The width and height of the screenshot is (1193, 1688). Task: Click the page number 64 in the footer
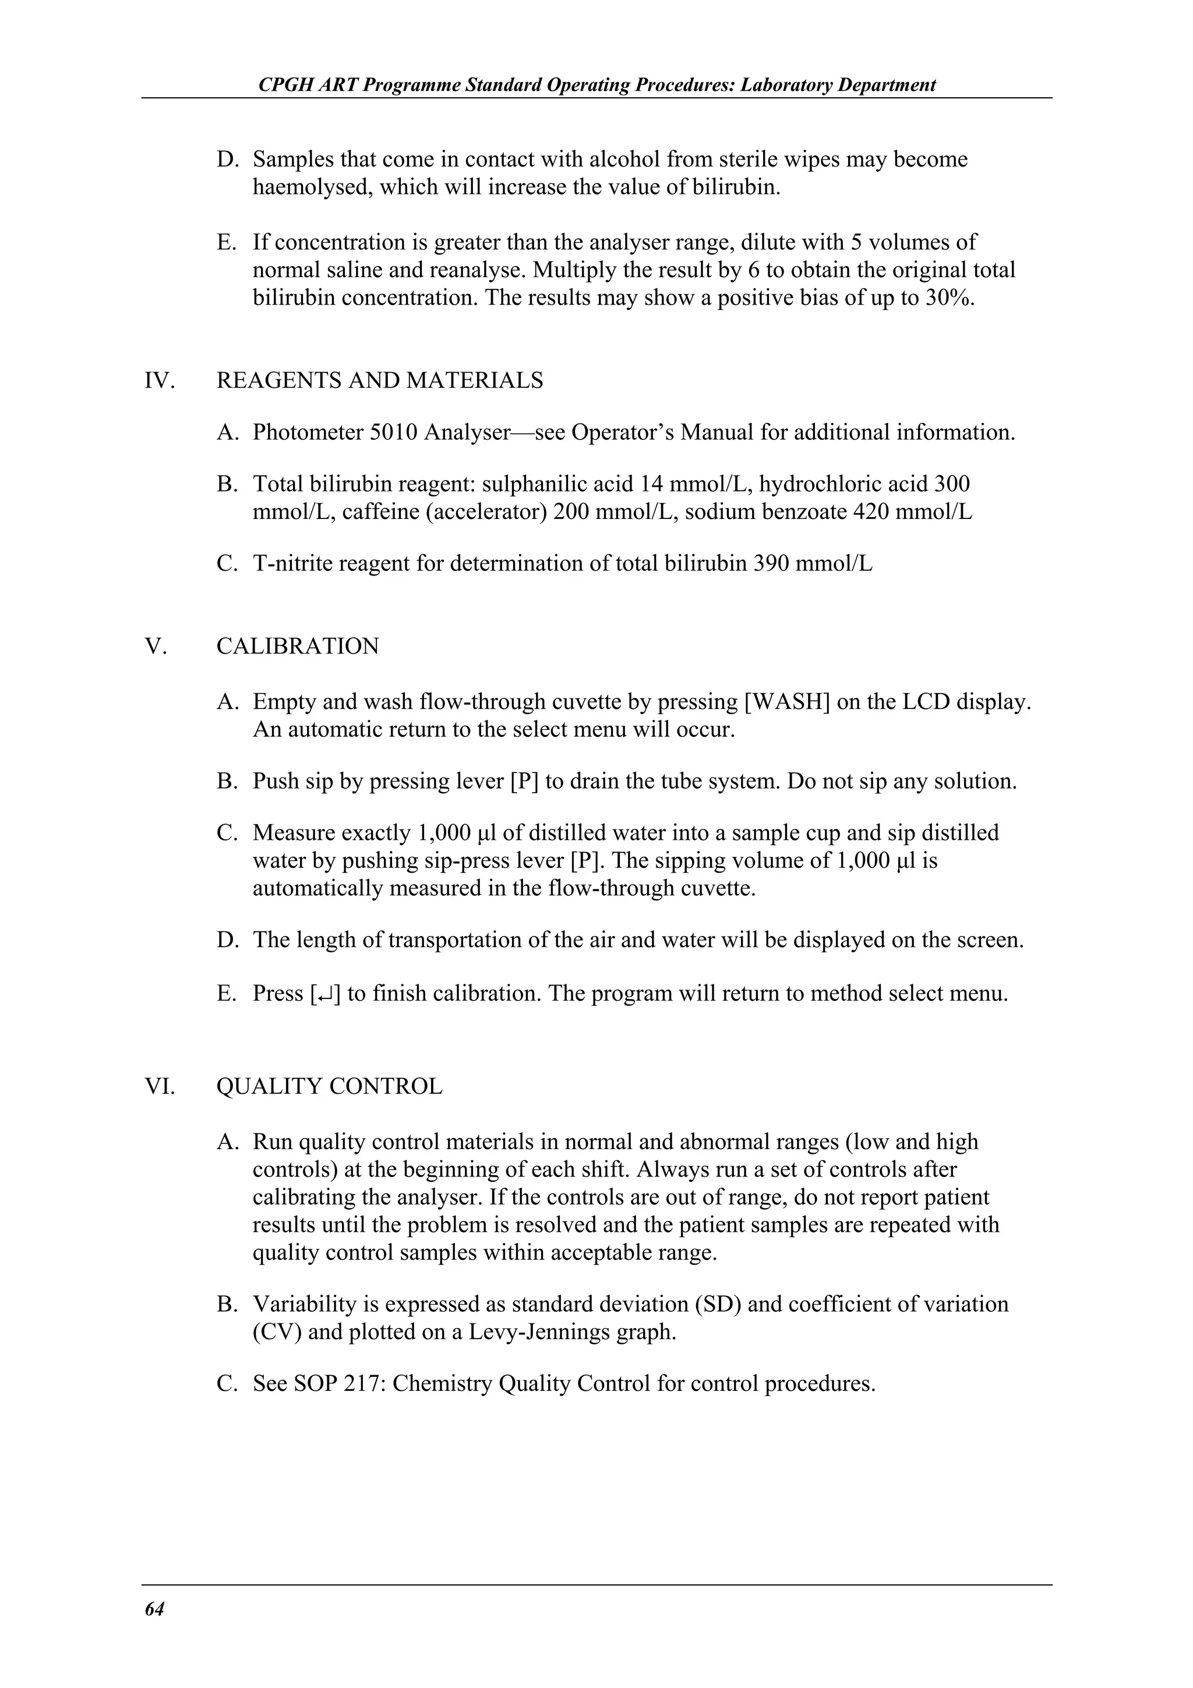pos(154,1609)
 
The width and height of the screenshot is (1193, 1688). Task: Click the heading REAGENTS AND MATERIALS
pos(379,380)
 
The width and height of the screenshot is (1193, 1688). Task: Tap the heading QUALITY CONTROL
pos(329,1087)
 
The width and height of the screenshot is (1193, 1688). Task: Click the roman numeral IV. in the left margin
pos(160,380)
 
